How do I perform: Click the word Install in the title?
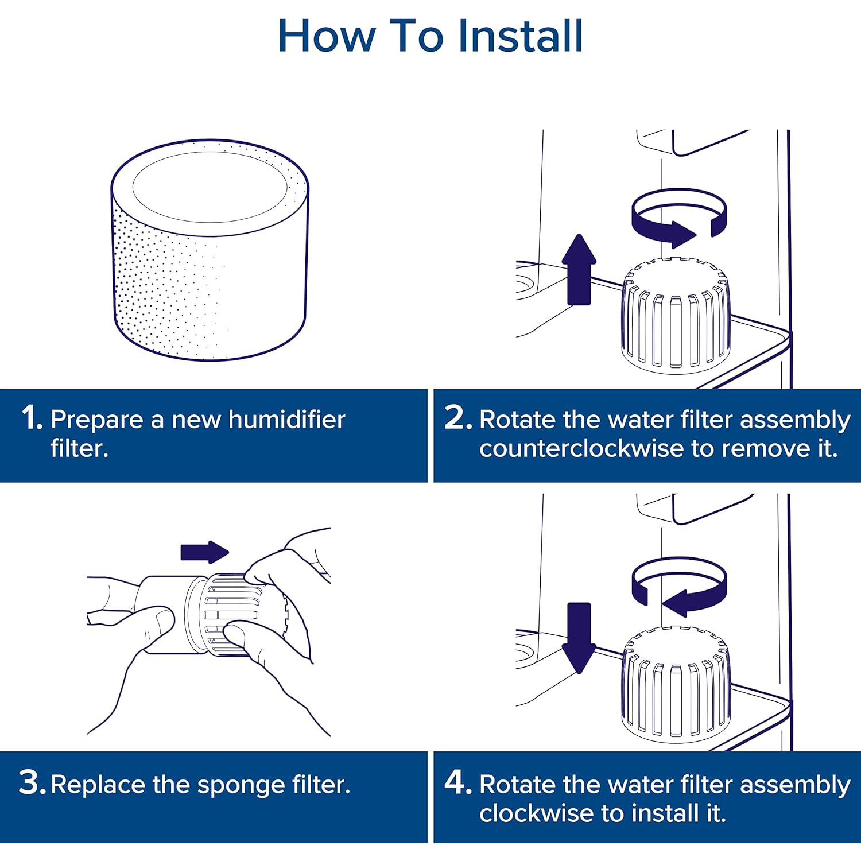(520, 36)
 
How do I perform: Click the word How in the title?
(326, 36)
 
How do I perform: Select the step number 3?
(31, 782)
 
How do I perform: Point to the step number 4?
(457, 782)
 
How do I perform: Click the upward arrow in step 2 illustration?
(579, 270)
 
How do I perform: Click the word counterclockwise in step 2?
(583, 448)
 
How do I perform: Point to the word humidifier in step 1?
(286, 420)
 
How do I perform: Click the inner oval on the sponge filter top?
(210, 187)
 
